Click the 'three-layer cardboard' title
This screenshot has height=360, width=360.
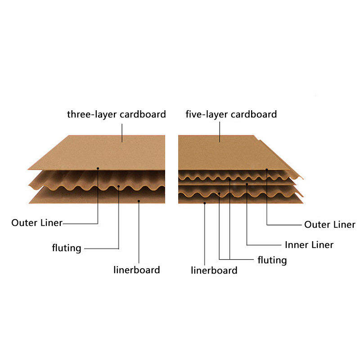[117, 115]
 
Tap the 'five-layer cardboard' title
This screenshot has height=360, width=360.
[231, 115]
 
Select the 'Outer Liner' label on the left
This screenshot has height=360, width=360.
[37, 223]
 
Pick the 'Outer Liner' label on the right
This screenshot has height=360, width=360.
[330, 225]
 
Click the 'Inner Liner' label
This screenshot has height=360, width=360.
[309, 245]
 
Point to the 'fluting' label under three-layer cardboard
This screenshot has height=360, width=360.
[67, 248]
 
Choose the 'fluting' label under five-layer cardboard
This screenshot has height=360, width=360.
[272, 261]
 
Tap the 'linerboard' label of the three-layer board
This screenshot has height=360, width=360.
[137, 270]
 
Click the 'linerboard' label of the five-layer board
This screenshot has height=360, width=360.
[214, 270]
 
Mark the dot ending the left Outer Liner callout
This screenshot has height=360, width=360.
[98, 168]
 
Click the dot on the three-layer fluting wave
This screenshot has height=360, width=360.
[118, 186]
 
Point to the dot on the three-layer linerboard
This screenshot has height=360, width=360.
[139, 201]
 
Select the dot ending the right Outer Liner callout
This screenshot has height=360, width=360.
[267, 170]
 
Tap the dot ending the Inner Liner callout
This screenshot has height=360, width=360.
[247, 184]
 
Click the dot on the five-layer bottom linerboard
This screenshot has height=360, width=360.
[205, 203]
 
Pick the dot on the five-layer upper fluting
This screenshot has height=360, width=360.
[229, 179]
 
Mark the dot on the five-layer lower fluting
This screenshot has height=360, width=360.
[219, 194]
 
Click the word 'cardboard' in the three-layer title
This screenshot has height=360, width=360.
[143, 114]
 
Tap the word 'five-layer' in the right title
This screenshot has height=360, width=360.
[207, 115]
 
